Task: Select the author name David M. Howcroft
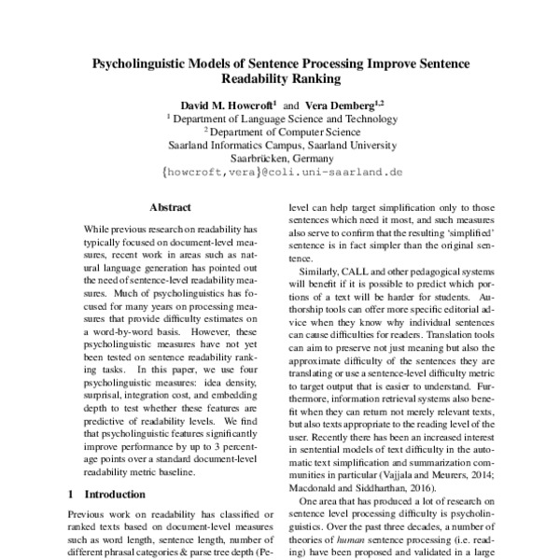pos(230,105)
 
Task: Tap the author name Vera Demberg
pos(342,105)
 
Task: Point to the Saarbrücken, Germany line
pos(281,159)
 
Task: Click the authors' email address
pos(281,173)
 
